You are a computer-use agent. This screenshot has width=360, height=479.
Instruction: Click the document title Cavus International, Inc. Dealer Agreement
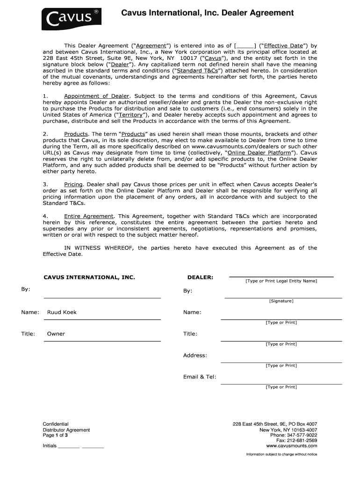click(x=208, y=13)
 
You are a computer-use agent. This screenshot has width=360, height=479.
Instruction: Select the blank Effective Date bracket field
click(x=245, y=45)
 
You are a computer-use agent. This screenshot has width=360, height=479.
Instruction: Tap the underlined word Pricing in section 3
click(x=73, y=185)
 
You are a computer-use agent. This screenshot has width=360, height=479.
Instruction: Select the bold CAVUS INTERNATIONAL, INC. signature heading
click(x=89, y=277)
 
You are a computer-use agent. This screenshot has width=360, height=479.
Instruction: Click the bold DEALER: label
click(x=200, y=277)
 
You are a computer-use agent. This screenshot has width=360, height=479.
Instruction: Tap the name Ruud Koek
click(x=62, y=312)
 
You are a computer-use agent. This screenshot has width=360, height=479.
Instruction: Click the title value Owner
click(x=56, y=334)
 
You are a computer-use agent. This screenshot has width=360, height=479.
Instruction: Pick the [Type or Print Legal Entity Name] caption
click(x=281, y=281)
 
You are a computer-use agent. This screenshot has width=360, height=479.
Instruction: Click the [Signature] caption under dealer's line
click(x=281, y=301)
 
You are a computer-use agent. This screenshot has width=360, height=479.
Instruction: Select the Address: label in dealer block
click(x=195, y=355)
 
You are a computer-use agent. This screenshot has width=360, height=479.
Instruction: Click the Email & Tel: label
click(x=200, y=377)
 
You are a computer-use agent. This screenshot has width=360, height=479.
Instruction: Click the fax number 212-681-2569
click(x=304, y=441)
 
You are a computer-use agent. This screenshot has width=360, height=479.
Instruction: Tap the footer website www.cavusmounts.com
click(x=292, y=446)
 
